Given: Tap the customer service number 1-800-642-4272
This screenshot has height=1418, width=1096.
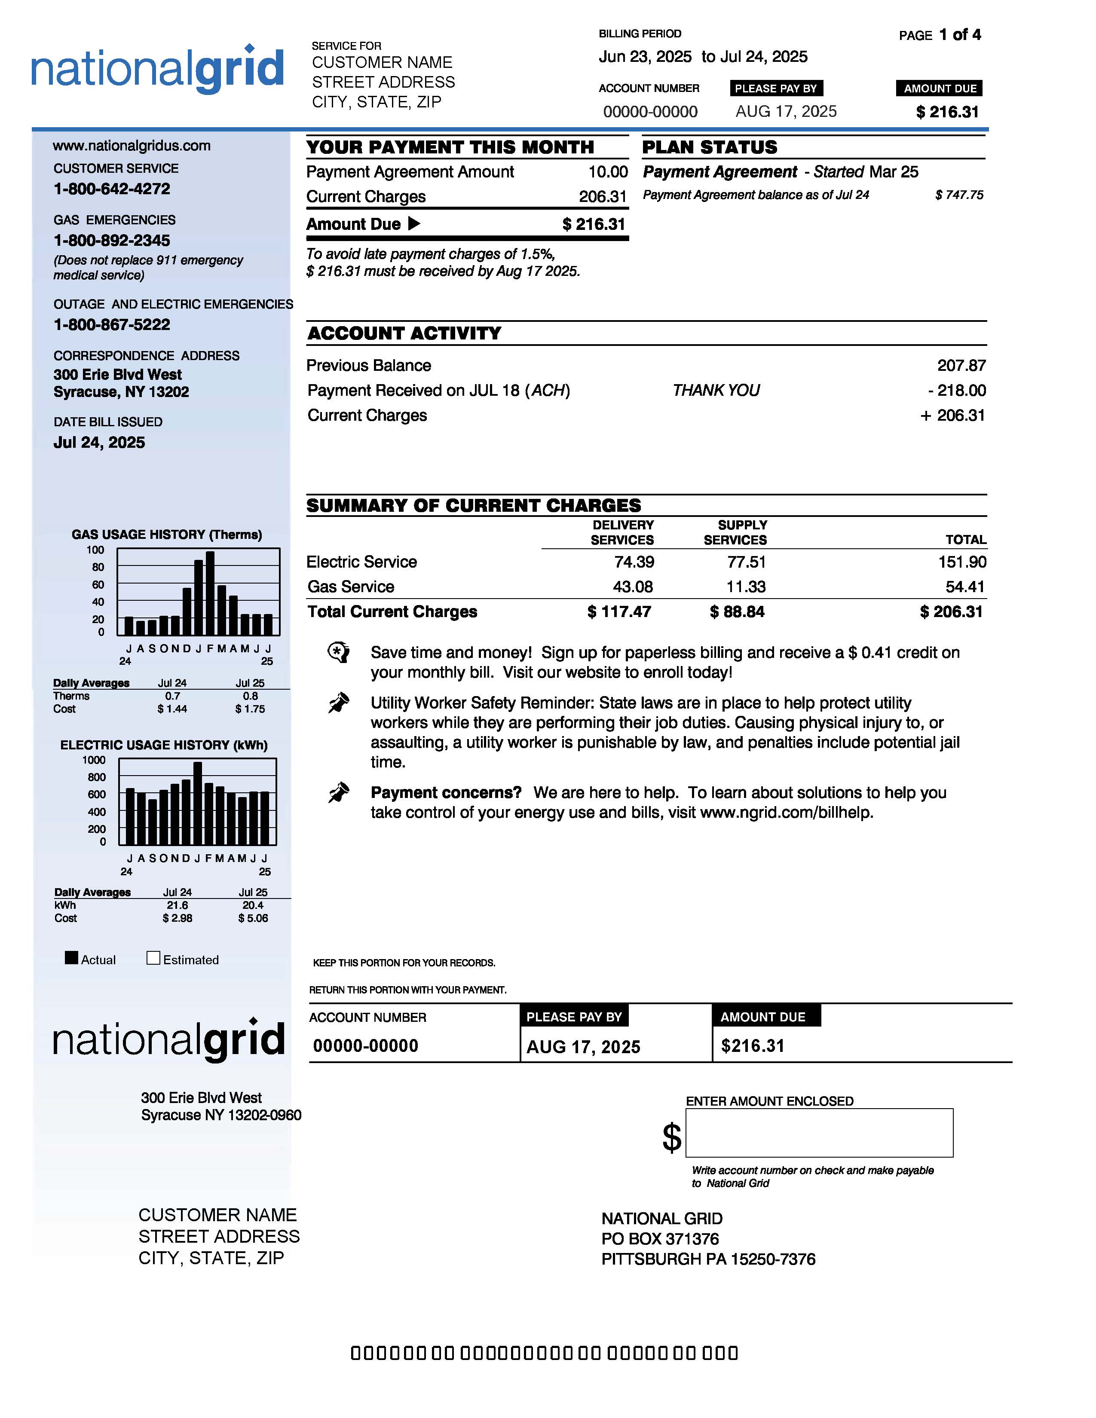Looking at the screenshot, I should click(112, 189).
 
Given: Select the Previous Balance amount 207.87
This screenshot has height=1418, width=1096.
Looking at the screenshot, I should click(961, 366).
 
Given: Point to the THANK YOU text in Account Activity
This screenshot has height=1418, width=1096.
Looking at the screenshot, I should click(716, 390).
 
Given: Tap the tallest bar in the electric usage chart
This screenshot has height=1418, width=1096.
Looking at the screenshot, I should click(197, 803).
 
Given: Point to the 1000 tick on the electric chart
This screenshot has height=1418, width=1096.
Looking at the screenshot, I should click(94, 760).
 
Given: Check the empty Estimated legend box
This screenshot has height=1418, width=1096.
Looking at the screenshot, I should click(153, 958).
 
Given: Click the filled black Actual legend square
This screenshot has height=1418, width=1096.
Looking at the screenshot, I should click(71, 958).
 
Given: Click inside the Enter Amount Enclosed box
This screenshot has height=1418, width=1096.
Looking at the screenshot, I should click(819, 1132).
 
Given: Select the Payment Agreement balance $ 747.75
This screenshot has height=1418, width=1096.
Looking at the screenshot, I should click(959, 195).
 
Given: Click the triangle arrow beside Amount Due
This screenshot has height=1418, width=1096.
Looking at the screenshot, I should click(413, 224).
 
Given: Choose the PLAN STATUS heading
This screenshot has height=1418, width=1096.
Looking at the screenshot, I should click(709, 147).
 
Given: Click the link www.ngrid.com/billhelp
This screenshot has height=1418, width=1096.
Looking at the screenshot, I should click(786, 812).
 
